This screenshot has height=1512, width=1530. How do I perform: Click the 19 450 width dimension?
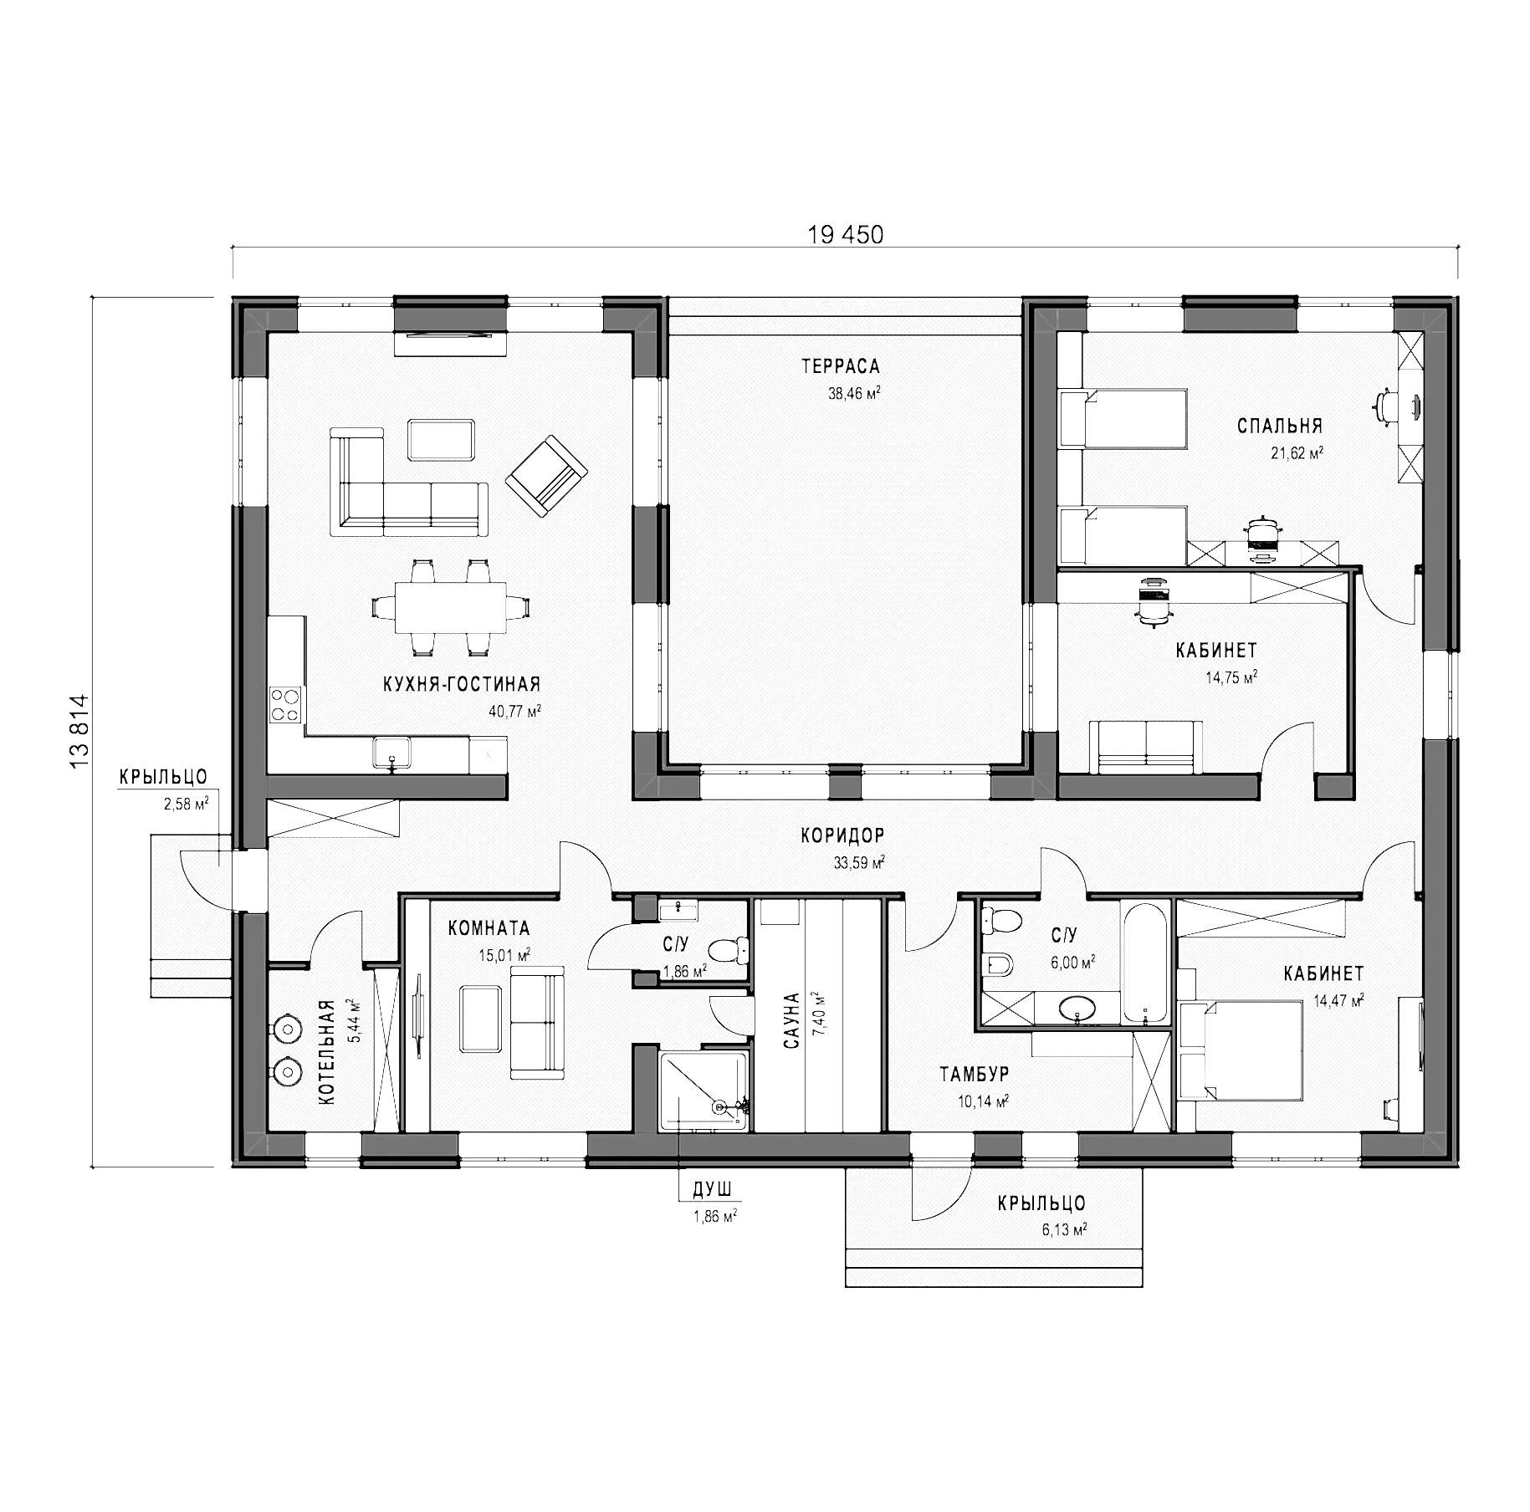(845, 235)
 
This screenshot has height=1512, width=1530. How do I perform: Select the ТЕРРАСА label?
(841, 366)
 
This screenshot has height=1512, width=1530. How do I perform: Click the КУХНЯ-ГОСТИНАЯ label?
(462, 685)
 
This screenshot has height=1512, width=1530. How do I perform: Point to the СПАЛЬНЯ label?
(1280, 427)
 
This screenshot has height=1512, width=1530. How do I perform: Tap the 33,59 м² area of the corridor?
(859, 863)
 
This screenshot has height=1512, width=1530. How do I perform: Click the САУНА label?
(792, 1020)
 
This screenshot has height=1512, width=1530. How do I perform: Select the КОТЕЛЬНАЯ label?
(327, 1053)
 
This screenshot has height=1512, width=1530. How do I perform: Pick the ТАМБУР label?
(974, 1074)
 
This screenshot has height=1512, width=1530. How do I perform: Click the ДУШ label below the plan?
(712, 1189)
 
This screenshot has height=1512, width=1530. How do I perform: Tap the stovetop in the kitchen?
(286, 704)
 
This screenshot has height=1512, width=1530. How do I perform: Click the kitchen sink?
(391, 752)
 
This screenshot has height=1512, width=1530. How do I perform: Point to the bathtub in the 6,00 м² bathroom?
(1145, 962)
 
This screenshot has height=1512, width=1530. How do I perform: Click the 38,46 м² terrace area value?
(854, 393)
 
